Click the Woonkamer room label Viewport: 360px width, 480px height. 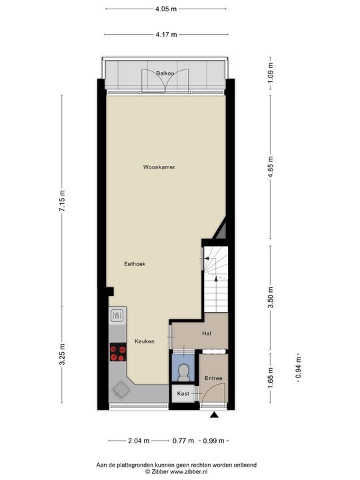coord(159,167)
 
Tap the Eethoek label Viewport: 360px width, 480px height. coord(135,264)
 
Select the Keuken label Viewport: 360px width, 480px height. coord(145,341)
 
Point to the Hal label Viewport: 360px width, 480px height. coord(207,333)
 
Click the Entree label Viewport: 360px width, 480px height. coord(213,379)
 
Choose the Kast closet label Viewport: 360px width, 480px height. coord(183,394)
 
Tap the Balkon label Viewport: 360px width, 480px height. coord(165,73)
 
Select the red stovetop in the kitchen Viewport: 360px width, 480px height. coord(118,351)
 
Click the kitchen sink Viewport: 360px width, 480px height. coord(117,315)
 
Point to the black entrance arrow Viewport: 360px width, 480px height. coord(215,416)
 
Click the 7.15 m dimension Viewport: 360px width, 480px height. coord(63,200)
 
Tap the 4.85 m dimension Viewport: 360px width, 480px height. coord(271,165)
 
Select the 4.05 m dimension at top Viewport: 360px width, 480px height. coord(165,9)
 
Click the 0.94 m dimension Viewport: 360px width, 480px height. coord(298,368)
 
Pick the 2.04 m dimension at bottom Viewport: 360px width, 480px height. coord(138,441)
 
